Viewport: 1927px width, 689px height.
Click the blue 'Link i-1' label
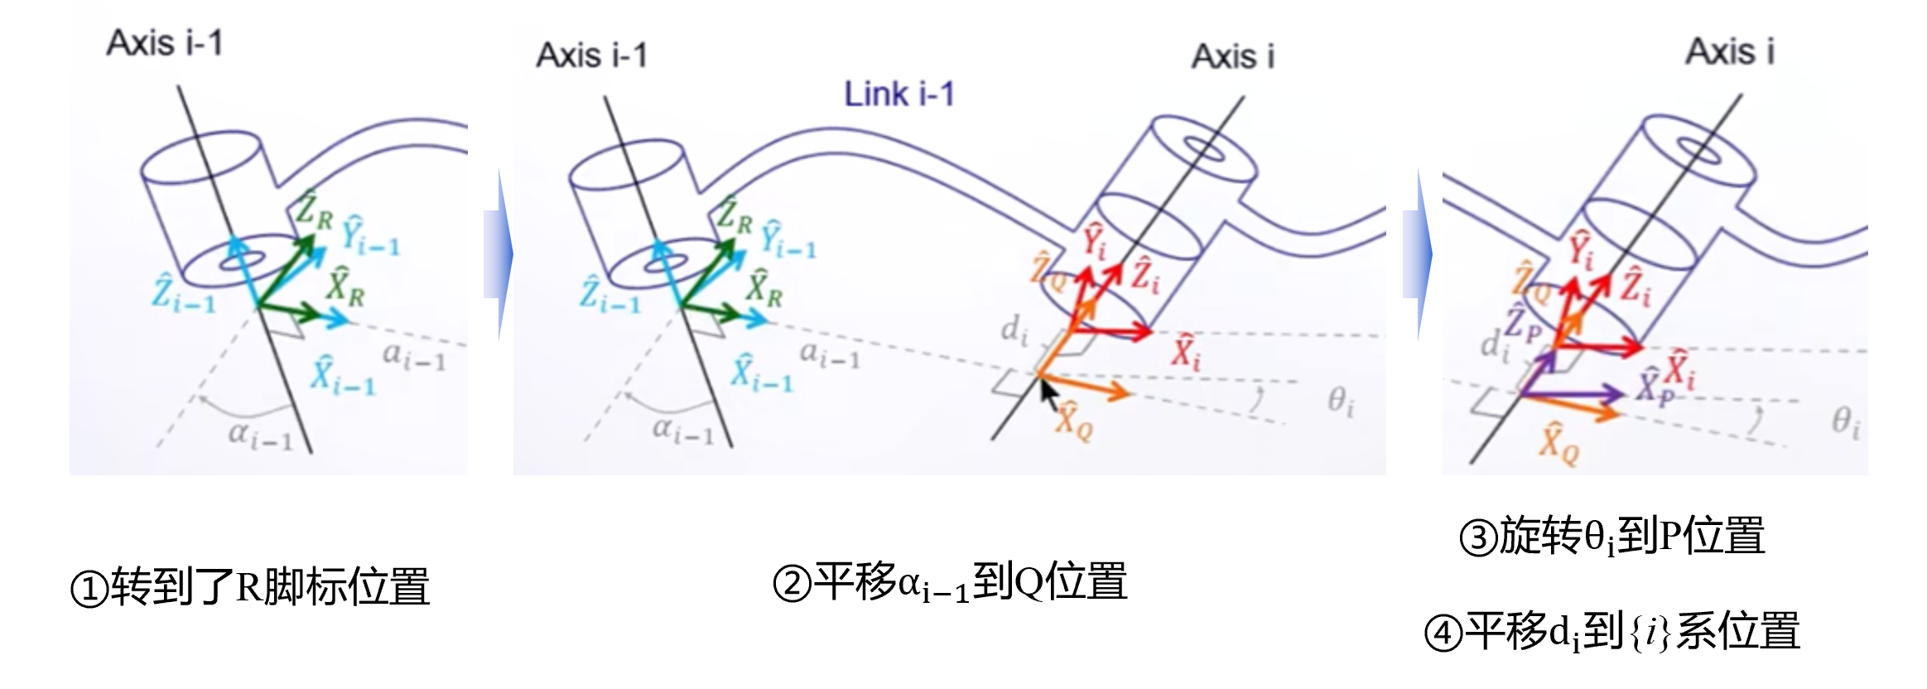click(898, 94)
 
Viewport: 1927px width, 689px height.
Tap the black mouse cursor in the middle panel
click(1048, 393)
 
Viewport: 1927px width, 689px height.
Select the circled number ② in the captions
click(792, 583)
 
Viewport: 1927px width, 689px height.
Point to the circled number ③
click(1478, 537)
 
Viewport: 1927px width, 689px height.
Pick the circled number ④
click(1443, 634)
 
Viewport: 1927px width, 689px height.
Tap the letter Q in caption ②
click(1028, 582)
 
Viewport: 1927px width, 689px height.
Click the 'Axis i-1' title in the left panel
click(165, 43)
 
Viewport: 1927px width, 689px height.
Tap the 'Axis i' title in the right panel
click(1730, 51)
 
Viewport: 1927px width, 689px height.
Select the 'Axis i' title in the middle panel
click(1232, 56)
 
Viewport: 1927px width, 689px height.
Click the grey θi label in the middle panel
click(1341, 402)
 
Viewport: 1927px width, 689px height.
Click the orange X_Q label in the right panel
click(1558, 443)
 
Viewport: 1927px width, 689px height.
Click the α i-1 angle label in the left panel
click(260, 435)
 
